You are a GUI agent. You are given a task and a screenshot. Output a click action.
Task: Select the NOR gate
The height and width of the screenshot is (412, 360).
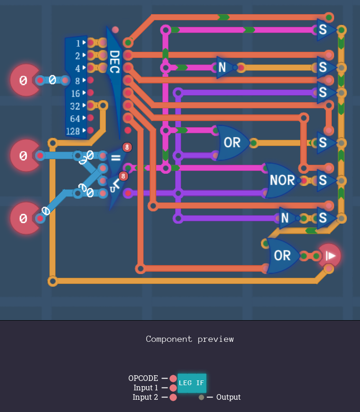tap(282, 180)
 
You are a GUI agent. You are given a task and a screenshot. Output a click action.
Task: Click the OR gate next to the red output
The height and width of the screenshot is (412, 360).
tap(282, 255)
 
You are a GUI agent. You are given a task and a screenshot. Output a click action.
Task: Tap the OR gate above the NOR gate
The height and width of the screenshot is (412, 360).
tap(232, 142)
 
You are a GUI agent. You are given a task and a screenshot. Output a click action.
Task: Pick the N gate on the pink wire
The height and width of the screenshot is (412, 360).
tap(223, 68)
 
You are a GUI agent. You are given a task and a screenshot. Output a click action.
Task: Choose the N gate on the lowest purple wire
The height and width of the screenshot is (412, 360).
tap(285, 218)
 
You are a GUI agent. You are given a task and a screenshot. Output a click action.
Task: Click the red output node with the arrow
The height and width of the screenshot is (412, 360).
tap(329, 256)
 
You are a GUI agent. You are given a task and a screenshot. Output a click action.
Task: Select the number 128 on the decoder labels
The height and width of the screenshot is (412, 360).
tap(73, 131)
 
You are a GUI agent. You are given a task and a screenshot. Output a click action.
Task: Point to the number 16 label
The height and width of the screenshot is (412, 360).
tap(75, 93)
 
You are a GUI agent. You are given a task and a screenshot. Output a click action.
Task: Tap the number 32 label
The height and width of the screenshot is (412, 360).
tap(75, 106)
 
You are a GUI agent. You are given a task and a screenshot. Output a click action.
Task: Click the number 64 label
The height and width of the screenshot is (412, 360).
tap(75, 118)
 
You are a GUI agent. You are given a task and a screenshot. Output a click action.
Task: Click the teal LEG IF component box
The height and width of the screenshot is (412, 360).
tap(192, 383)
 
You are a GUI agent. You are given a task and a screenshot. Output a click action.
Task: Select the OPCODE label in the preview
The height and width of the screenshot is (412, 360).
tap(143, 378)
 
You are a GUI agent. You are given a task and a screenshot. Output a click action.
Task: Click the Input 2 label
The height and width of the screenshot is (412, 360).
tap(145, 397)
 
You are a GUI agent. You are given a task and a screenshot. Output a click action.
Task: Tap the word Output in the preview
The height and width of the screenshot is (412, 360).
tap(228, 397)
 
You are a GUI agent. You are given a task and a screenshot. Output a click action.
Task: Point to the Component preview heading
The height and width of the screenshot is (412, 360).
tap(190, 339)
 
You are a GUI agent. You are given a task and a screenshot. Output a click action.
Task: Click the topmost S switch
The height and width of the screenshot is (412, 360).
tap(324, 30)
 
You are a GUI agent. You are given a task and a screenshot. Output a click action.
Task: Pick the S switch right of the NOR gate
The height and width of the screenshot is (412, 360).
tap(324, 180)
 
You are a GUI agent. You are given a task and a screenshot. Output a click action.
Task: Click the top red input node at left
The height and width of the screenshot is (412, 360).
tap(24, 81)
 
